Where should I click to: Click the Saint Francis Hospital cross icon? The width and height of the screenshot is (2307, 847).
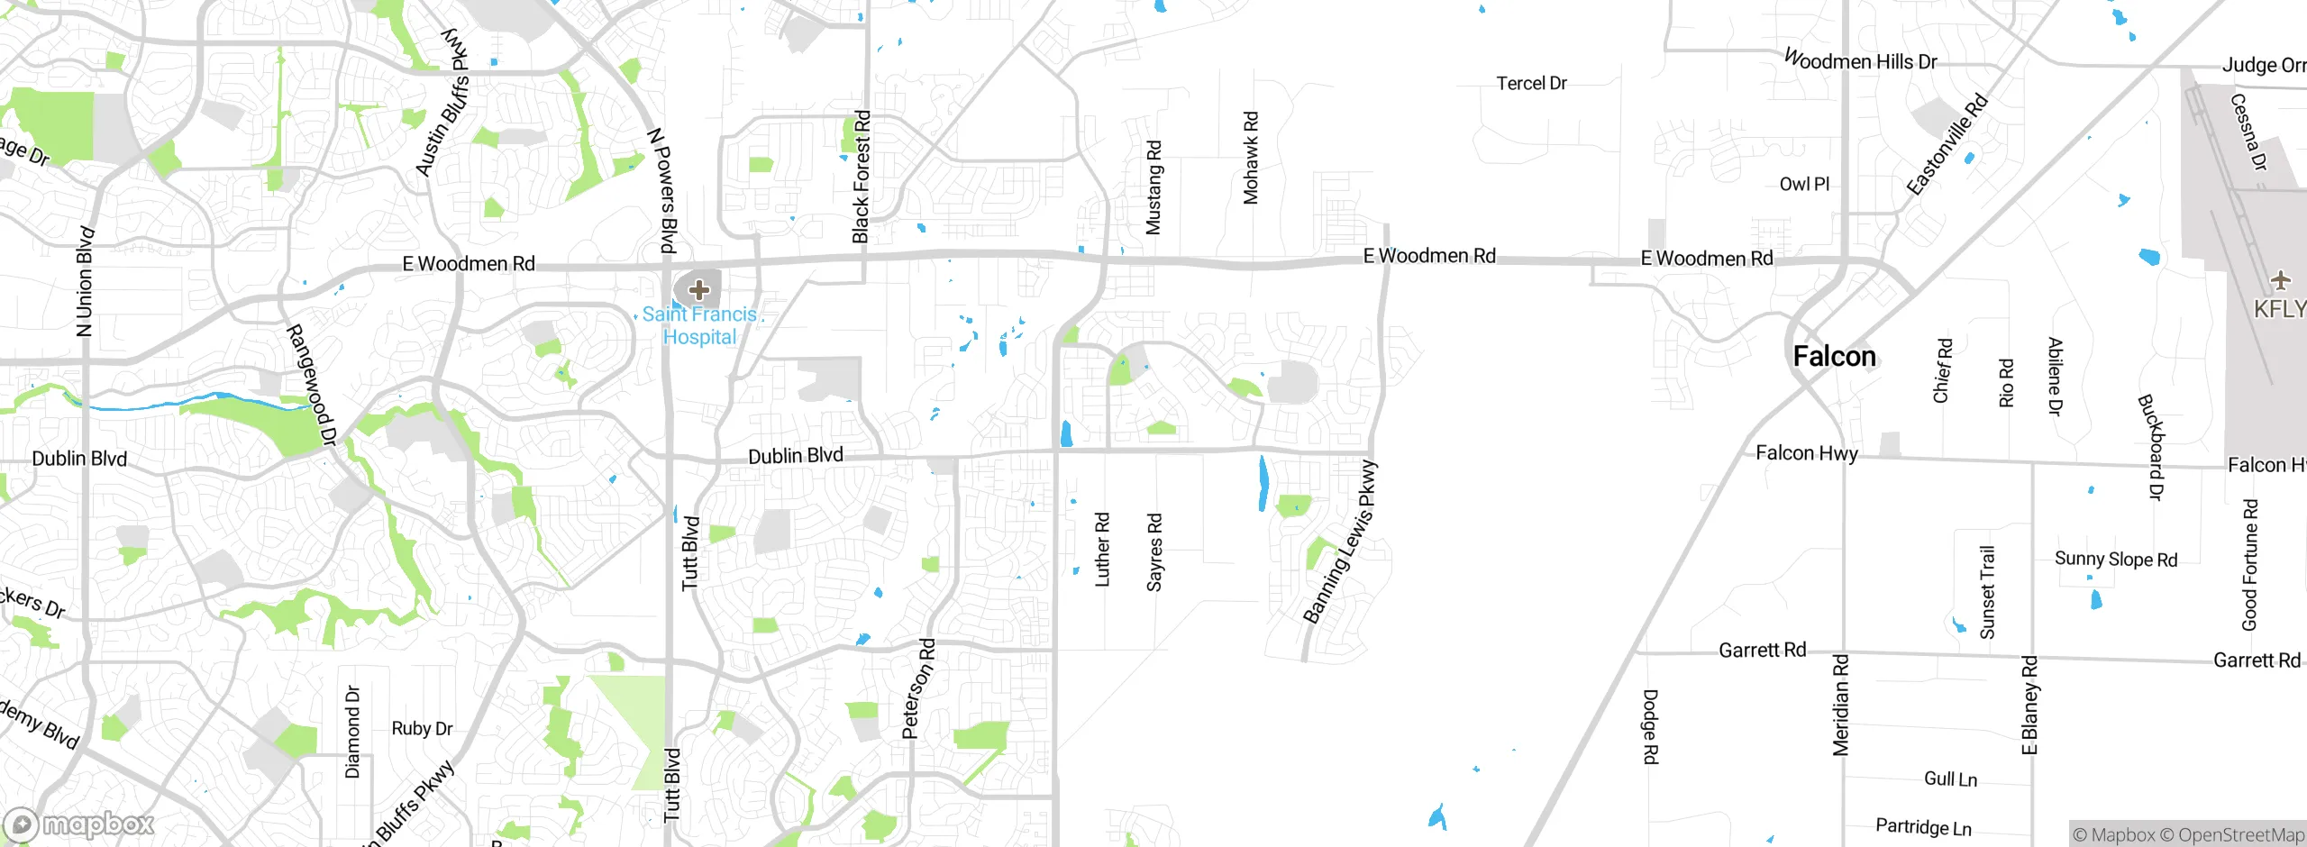(698, 290)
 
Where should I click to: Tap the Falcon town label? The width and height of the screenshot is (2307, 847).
(1834, 357)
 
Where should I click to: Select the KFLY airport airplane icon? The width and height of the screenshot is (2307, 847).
(2280, 281)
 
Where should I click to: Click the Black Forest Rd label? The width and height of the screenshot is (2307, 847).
(861, 177)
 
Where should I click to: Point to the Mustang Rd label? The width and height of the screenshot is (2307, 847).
(1153, 187)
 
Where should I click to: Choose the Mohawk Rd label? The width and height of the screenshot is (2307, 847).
(1251, 158)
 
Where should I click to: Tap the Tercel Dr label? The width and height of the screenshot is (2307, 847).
(1531, 84)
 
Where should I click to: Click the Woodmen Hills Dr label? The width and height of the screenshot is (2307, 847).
(1860, 61)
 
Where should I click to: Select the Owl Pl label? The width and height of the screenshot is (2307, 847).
(1804, 184)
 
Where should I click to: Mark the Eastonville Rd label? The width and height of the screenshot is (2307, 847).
(1947, 144)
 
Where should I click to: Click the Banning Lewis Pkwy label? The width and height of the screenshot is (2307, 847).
(1341, 542)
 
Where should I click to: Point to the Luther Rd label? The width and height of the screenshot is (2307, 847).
(1101, 550)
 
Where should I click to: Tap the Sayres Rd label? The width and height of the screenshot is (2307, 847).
(1154, 552)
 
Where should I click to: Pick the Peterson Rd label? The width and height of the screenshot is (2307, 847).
(919, 689)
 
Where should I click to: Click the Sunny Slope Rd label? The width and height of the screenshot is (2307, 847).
(2115, 559)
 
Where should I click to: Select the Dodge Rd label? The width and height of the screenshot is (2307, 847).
(1649, 726)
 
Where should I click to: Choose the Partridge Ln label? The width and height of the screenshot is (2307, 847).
(1923, 826)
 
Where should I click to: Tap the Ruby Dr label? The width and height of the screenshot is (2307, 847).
(422, 728)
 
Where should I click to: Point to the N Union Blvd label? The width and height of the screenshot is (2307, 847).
(85, 281)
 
